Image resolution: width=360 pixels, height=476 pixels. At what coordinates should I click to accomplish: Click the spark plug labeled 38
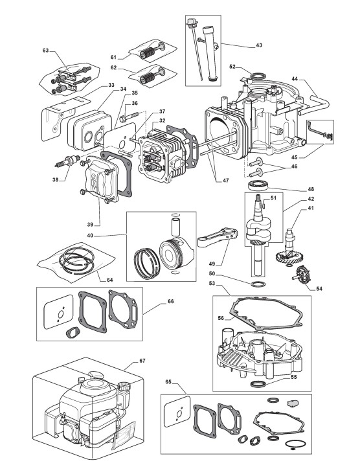pos(68,161)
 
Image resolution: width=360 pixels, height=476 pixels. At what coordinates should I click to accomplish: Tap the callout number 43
pos(258,45)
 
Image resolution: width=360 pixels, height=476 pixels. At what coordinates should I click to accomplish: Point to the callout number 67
pos(142,361)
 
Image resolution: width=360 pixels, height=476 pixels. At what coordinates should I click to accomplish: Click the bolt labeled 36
pos(129,117)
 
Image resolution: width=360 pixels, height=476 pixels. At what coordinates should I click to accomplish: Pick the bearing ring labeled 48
pos(258,185)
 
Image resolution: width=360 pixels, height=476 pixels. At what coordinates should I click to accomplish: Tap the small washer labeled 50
pos(258,284)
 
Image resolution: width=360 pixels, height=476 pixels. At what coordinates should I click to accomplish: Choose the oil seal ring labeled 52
pos(258,76)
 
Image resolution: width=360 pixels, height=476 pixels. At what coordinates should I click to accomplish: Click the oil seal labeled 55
pos(258,383)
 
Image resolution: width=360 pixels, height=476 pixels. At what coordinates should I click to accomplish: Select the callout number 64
pos(109,280)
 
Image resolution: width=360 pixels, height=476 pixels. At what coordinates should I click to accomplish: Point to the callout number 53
pos(212,283)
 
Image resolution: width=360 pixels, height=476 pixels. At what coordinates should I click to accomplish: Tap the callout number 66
pos(170,301)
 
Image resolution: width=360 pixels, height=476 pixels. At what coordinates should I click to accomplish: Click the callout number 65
pos(169,381)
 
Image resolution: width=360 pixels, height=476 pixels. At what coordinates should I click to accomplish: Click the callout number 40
pos(90,235)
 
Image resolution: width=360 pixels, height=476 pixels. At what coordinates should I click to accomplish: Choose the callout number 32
pos(163,120)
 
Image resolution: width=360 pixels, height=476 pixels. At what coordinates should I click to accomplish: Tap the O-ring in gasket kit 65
pos(294,444)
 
